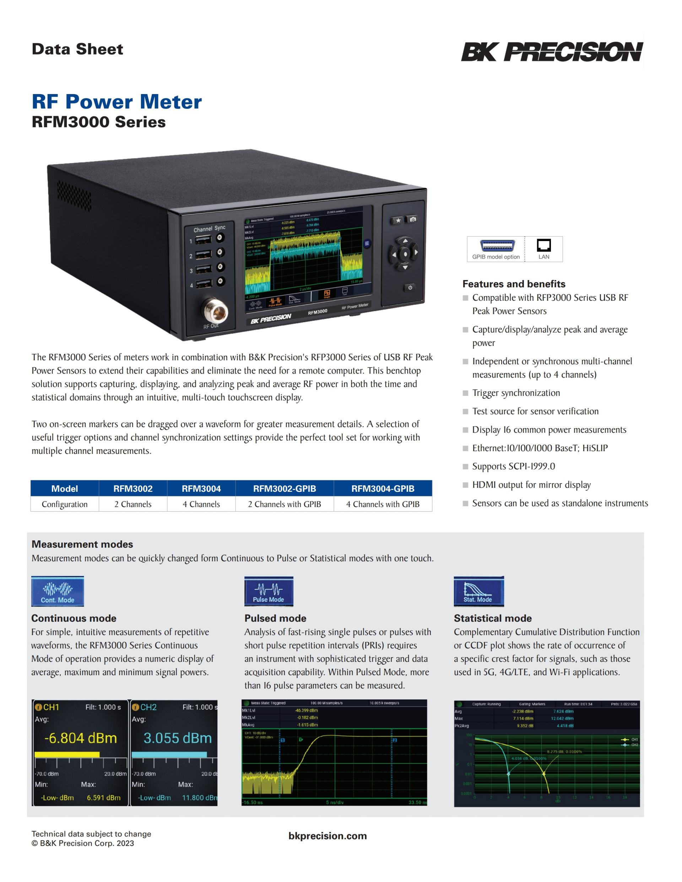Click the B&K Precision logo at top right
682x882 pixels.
point(552,52)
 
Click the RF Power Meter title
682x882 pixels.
point(117,102)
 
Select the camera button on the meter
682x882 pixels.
point(412,219)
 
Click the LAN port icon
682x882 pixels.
point(543,245)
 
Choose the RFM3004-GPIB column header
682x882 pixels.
point(383,489)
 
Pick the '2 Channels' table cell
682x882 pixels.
point(133,504)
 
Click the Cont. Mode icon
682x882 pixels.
point(58,592)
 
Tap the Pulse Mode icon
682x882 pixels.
point(269,592)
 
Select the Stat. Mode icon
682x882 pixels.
point(478,592)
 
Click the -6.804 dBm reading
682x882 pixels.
point(80,738)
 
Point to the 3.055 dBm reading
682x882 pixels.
point(177,738)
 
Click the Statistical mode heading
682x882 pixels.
point(493,618)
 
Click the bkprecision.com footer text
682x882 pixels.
point(328,836)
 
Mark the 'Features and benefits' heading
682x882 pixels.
point(514,284)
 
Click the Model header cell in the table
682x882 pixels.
point(65,489)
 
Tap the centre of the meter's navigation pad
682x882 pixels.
point(405,254)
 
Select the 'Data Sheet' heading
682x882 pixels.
point(77,49)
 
